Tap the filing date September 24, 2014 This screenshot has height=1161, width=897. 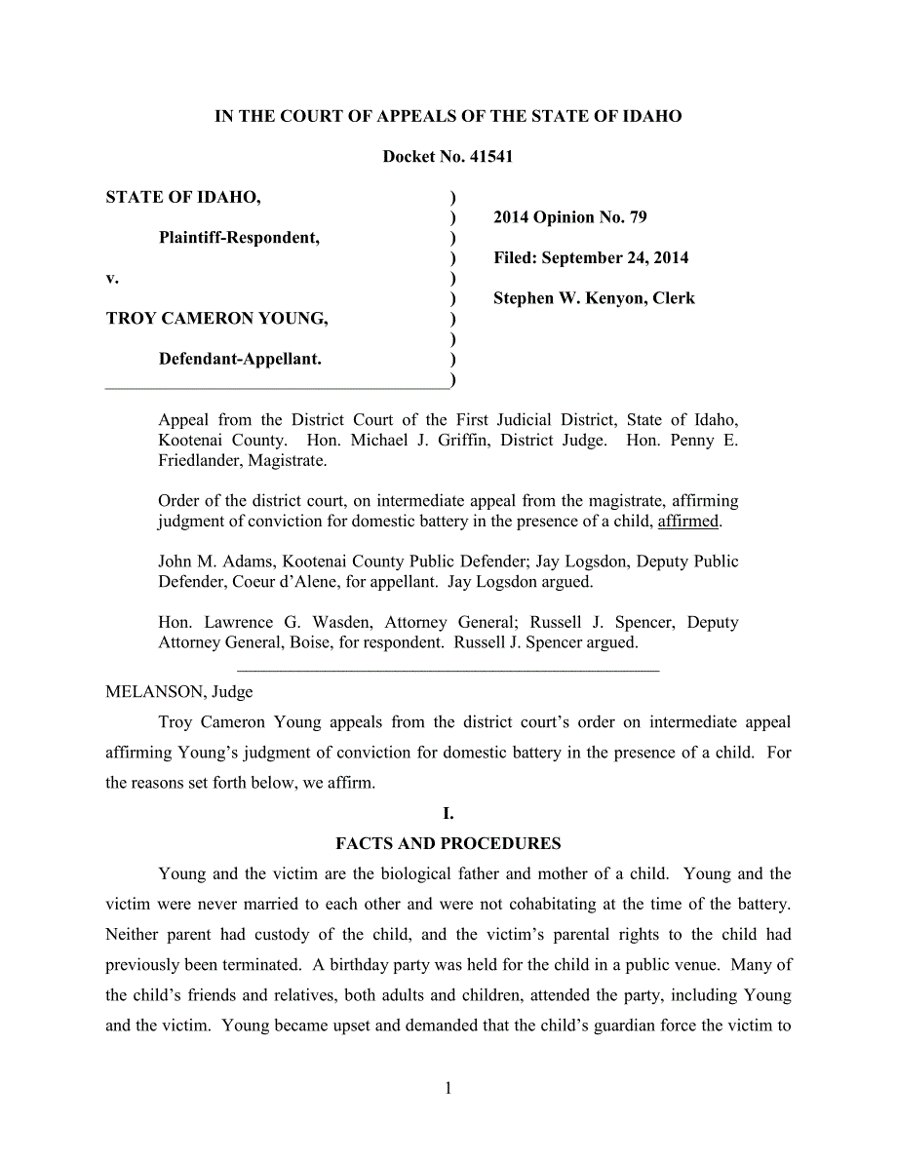(614, 258)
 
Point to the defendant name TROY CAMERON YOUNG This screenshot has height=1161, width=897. (216, 319)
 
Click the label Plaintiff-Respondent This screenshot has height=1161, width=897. (239, 238)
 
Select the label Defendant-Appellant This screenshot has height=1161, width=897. (240, 359)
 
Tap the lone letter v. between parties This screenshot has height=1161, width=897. (112, 279)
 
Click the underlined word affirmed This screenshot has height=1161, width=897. (688, 522)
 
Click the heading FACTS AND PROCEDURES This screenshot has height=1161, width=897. (448, 843)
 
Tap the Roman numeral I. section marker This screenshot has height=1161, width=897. (448, 813)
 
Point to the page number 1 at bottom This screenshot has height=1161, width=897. (448, 1089)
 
